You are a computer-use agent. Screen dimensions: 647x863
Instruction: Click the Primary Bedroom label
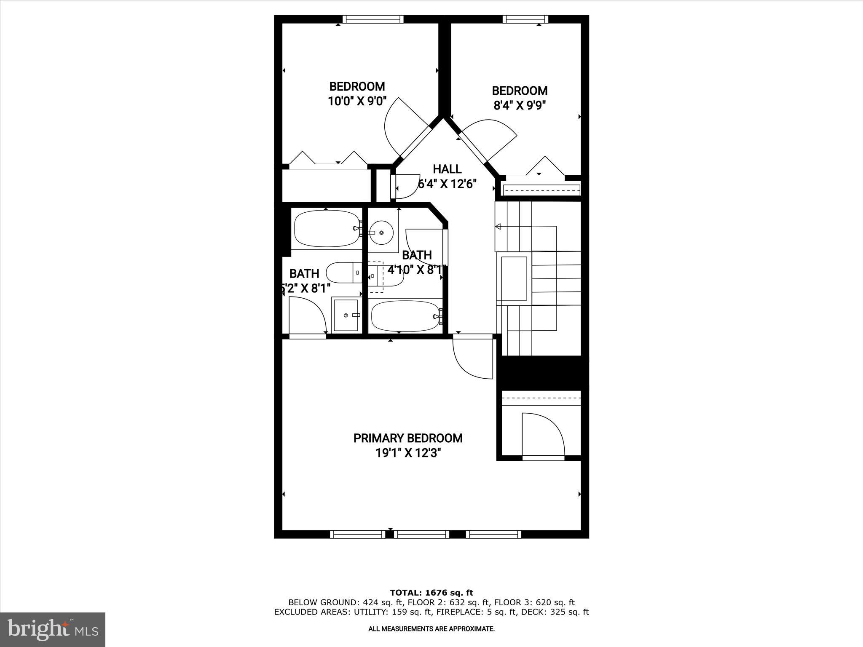click(407, 438)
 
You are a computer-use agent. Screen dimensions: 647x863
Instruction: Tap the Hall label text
click(447, 169)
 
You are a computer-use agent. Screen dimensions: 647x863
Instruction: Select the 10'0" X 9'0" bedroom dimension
click(357, 102)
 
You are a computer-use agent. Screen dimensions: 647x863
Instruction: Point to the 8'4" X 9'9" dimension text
click(520, 105)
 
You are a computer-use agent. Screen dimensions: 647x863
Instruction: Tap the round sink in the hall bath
click(381, 232)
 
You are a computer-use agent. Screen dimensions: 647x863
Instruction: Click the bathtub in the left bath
click(327, 229)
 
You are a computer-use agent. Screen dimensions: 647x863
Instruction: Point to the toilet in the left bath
click(343, 273)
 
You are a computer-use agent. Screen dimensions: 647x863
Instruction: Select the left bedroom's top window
click(373, 19)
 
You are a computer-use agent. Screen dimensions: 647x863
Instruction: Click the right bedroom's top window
click(525, 19)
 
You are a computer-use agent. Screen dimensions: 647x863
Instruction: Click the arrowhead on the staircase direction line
click(498, 227)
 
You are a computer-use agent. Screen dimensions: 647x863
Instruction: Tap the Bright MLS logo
click(53, 629)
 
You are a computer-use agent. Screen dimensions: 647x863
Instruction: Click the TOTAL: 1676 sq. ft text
click(431, 593)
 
